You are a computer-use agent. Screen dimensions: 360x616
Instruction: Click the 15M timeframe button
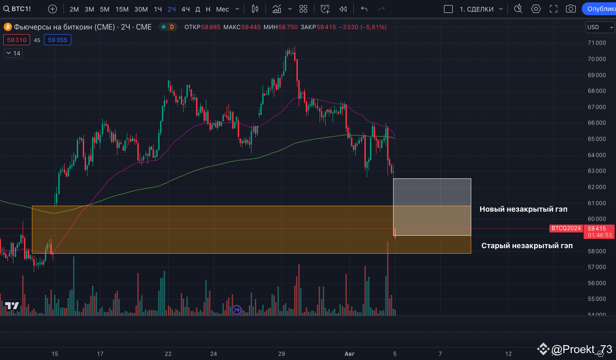pyautogui.click(x=122, y=9)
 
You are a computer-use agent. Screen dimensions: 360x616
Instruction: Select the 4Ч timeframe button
pyautogui.click(x=185, y=9)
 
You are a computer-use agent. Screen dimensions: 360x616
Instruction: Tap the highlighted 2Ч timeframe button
pyautogui.click(x=172, y=9)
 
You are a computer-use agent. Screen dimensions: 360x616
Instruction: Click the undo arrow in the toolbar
pyautogui.click(x=364, y=9)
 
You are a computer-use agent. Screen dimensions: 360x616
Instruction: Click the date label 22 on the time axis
pyautogui.click(x=168, y=354)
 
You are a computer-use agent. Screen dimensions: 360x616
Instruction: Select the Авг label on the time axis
pyautogui.click(x=350, y=354)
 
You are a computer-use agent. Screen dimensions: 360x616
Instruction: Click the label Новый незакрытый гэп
pyautogui.click(x=524, y=209)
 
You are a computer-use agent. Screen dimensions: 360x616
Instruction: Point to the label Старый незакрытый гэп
pyautogui.click(x=527, y=245)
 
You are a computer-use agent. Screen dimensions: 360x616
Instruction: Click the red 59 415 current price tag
pyautogui.click(x=600, y=228)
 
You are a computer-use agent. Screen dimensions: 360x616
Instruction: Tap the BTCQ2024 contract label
pyautogui.click(x=567, y=228)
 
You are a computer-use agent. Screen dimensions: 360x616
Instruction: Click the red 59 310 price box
pyautogui.click(x=17, y=40)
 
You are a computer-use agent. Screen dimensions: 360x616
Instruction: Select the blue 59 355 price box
pyautogui.click(x=58, y=40)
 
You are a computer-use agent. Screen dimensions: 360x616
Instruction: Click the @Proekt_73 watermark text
pyautogui.click(x=582, y=349)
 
